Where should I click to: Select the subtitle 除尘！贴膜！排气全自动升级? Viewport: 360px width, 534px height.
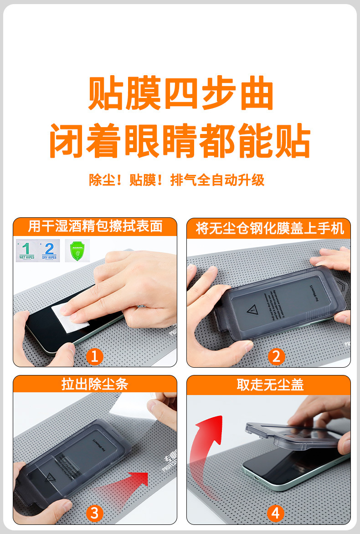pyautogui.click(x=176, y=180)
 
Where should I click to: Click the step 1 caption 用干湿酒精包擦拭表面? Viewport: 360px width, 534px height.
pyautogui.click(x=95, y=226)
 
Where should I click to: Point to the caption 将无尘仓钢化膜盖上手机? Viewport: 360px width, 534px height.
pyautogui.click(x=269, y=228)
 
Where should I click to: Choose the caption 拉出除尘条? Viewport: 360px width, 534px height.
pyautogui.click(x=95, y=384)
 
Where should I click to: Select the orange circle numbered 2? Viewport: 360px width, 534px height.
pyautogui.click(x=276, y=356)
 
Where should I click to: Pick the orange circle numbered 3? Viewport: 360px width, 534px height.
pyautogui.click(x=94, y=513)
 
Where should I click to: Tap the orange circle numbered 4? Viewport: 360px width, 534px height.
pyautogui.click(x=275, y=513)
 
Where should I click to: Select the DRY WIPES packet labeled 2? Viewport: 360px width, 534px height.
pyautogui.click(x=49, y=250)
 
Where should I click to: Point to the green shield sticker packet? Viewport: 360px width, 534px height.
pyautogui.click(x=77, y=250)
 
